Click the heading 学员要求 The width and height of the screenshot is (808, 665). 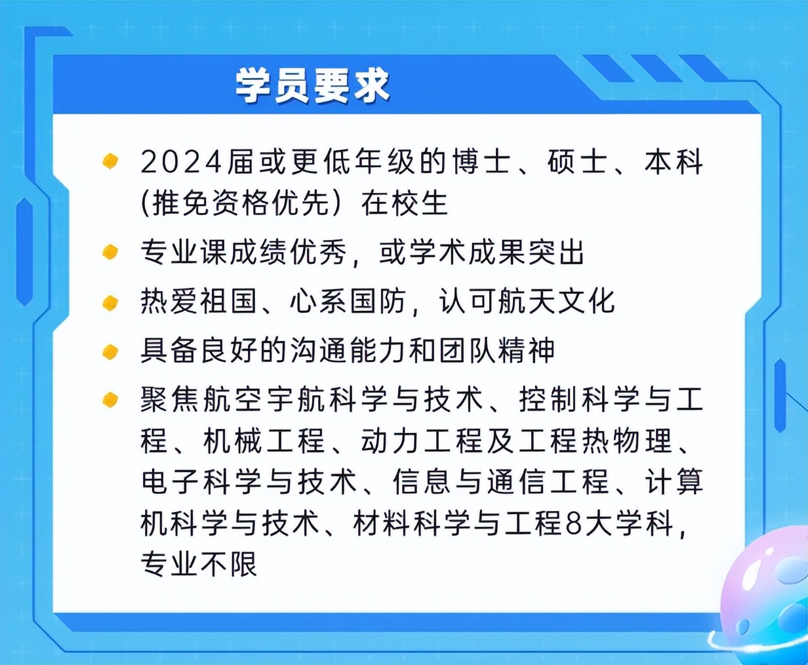(312, 86)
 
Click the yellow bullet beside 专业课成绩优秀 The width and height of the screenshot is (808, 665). (110, 252)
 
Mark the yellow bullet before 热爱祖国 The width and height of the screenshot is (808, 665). (110, 302)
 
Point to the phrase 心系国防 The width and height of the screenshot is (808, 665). (346, 302)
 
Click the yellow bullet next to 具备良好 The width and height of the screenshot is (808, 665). (110, 352)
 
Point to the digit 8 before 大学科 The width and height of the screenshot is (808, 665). (574, 523)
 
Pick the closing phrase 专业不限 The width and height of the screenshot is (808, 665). (199, 564)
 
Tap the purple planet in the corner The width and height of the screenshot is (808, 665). (767, 603)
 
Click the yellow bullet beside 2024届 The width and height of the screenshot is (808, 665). (110, 161)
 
